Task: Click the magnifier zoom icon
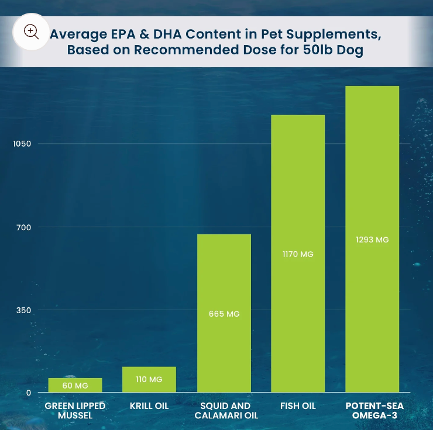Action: pyautogui.click(x=30, y=32)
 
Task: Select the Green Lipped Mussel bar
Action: pyautogui.click(x=75, y=385)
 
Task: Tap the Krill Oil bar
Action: pyautogui.click(x=149, y=379)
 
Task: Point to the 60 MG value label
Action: pyautogui.click(x=75, y=386)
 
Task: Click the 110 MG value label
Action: pyautogui.click(x=149, y=380)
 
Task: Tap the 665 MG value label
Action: pyautogui.click(x=224, y=314)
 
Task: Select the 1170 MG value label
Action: pyautogui.click(x=298, y=254)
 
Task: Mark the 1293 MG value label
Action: pyautogui.click(x=372, y=240)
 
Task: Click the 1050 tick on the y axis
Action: pyautogui.click(x=23, y=144)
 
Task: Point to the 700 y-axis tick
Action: pyautogui.click(x=24, y=227)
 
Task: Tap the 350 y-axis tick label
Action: pyautogui.click(x=24, y=310)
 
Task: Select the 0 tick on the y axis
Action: pyautogui.click(x=28, y=393)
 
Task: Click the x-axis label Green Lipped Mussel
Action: pyautogui.click(x=75, y=410)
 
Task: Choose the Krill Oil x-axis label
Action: pyautogui.click(x=149, y=405)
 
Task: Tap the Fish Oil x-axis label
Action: pyautogui.click(x=298, y=405)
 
